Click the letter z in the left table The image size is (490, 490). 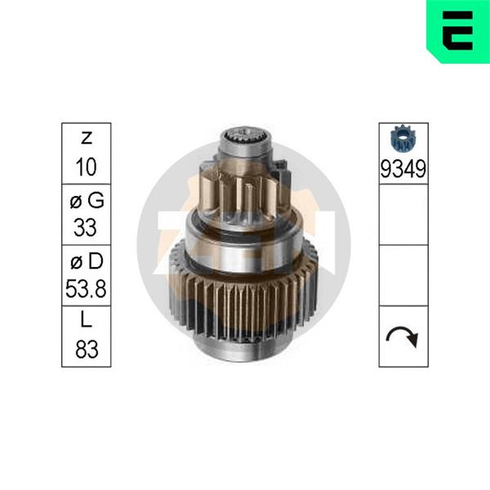tap(87, 138)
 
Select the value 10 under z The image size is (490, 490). tap(87, 167)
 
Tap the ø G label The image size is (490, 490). tap(87, 200)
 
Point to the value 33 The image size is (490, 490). tap(85, 227)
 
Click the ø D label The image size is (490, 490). tap(87, 261)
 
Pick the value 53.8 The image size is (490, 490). tap(86, 288)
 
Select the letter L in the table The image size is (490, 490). tap(86, 319)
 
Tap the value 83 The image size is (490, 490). tap(87, 349)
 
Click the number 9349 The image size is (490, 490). tap(403, 169)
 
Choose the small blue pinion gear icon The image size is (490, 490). tap(403, 139)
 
